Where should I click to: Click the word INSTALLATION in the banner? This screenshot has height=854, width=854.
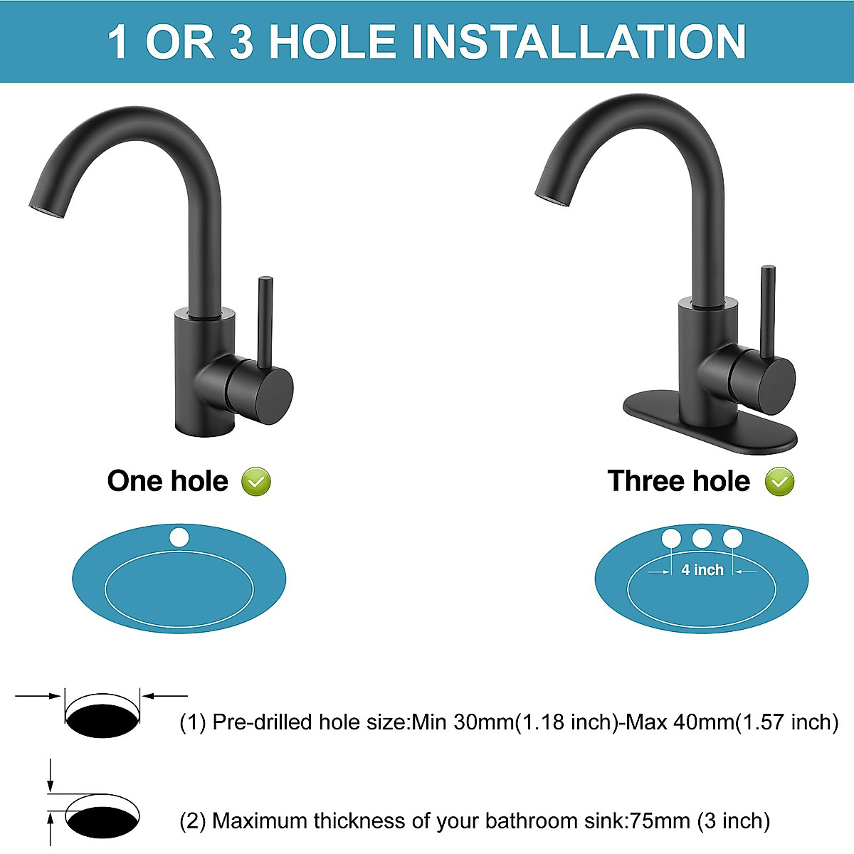click(x=579, y=41)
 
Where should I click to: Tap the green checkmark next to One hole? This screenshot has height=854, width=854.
click(x=256, y=482)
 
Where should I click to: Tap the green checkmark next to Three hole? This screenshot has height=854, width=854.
click(x=779, y=482)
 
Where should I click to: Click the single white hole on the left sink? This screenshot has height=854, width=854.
click(x=179, y=537)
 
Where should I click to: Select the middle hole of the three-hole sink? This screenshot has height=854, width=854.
click(x=702, y=538)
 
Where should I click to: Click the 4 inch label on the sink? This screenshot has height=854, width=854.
click(x=702, y=569)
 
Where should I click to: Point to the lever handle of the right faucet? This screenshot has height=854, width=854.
click(x=767, y=310)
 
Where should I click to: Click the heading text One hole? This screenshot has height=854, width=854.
click(x=167, y=481)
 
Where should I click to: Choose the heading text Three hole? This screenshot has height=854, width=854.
click(x=678, y=481)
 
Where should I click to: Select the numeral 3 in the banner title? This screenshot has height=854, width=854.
click(x=241, y=41)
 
